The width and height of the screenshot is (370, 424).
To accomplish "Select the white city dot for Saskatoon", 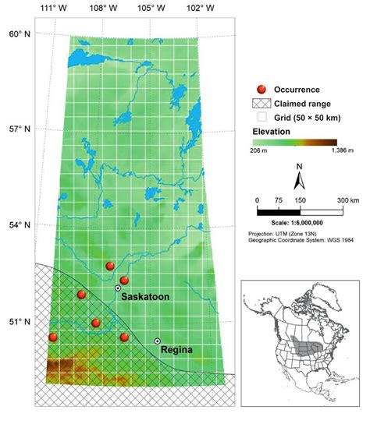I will (118, 288).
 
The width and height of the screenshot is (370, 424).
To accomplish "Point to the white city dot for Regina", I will (158, 341).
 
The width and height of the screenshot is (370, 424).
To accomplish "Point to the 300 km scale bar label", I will (347, 200).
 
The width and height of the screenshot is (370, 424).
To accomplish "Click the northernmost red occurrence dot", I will (110, 267).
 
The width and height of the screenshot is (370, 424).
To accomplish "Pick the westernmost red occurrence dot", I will (53, 337).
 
